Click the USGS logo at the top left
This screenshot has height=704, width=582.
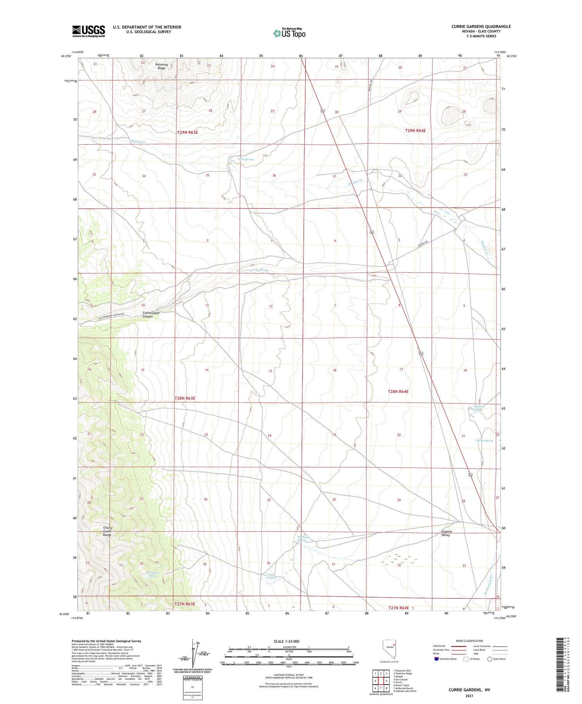point(88,31)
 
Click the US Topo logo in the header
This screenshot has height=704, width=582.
point(289,33)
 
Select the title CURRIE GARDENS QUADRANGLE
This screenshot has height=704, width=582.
point(481,26)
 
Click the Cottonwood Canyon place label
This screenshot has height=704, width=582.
point(151,315)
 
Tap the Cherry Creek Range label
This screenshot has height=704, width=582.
point(107,531)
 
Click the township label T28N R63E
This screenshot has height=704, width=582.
point(185,398)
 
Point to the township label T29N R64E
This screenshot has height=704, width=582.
point(415,130)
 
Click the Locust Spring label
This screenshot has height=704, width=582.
point(259,269)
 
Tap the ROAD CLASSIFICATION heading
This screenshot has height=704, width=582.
point(469,641)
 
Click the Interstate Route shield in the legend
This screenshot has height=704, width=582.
point(436,659)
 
